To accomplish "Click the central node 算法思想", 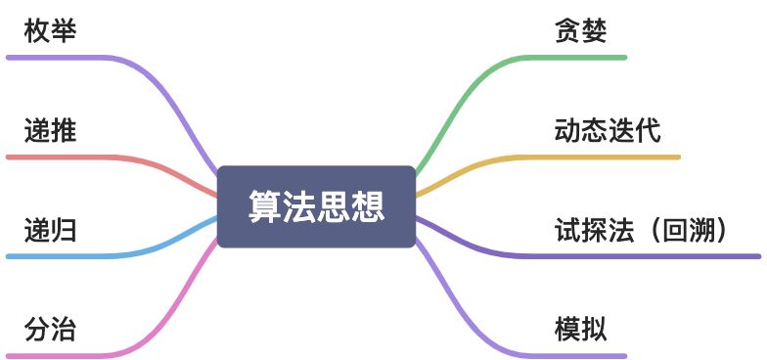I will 316,206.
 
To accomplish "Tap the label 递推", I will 50,130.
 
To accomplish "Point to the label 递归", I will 50,230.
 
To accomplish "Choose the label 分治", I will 50,330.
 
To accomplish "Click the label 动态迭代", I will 607,130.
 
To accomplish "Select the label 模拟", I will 580,330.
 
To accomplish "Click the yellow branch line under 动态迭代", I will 607,157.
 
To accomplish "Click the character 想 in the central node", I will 368,206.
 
